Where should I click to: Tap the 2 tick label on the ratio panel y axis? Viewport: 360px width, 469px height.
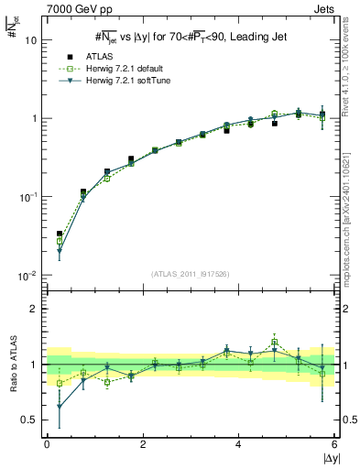click(33, 309)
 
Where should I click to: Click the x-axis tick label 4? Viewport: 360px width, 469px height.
click(239, 444)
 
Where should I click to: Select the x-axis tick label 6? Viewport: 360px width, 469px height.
click(334, 444)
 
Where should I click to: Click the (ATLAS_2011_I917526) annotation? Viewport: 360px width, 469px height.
click(190, 273)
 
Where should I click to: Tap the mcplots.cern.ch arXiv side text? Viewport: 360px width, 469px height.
click(353, 202)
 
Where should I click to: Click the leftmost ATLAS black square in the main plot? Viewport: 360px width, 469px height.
click(60, 234)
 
